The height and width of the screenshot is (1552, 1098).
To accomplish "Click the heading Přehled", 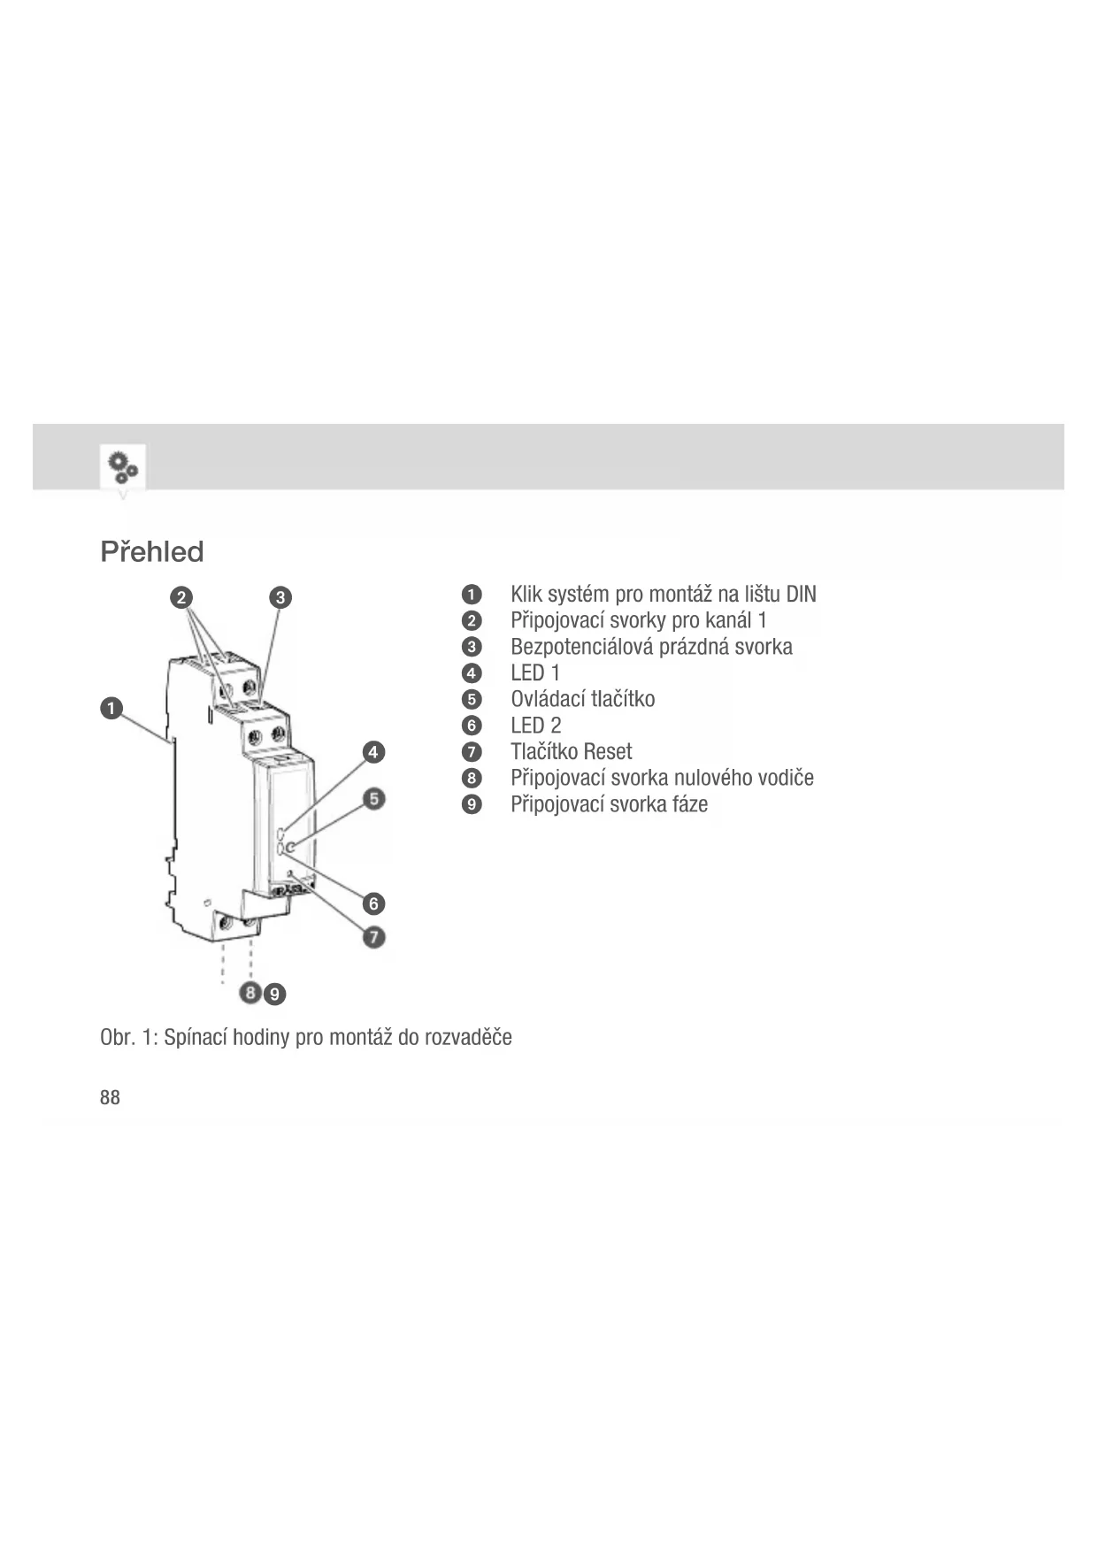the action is tap(152, 552).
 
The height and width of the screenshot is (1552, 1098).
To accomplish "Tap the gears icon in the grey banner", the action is tap(122, 466).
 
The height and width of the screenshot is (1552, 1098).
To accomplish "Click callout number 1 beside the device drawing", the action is tap(111, 709).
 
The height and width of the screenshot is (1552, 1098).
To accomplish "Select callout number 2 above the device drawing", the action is tap(181, 597).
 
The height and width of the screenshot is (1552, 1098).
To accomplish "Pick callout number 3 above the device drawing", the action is tap(280, 597).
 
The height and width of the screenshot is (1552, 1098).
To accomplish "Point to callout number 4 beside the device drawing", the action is tap(373, 752).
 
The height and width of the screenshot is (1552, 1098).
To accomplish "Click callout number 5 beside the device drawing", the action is tap(374, 799).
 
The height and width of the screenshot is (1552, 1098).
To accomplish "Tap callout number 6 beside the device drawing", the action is tap(374, 903).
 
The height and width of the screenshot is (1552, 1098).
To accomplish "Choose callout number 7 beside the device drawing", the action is tap(374, 936).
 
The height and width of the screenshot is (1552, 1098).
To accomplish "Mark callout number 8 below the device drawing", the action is tap(251, 993).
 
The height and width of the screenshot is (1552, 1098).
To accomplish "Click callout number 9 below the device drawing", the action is tap(275, 995).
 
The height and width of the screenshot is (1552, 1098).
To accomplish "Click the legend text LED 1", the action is tap(535, 673).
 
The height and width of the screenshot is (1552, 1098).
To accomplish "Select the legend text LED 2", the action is tap(535, 726).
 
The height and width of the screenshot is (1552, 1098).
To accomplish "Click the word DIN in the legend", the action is tap(801, 595).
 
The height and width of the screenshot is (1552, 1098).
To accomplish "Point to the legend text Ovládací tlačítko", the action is tap(582, 699).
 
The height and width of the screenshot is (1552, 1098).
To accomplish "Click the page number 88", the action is tap(110, 1098).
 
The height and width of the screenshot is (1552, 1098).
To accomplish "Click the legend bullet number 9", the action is tap(472, 804).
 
